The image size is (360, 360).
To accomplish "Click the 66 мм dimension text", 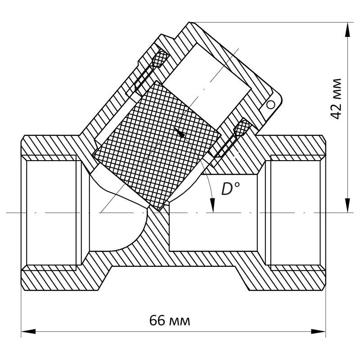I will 170,321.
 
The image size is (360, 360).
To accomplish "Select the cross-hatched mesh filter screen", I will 157,144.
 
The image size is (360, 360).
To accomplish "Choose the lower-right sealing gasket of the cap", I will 242,129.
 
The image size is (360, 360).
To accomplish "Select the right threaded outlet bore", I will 295,211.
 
